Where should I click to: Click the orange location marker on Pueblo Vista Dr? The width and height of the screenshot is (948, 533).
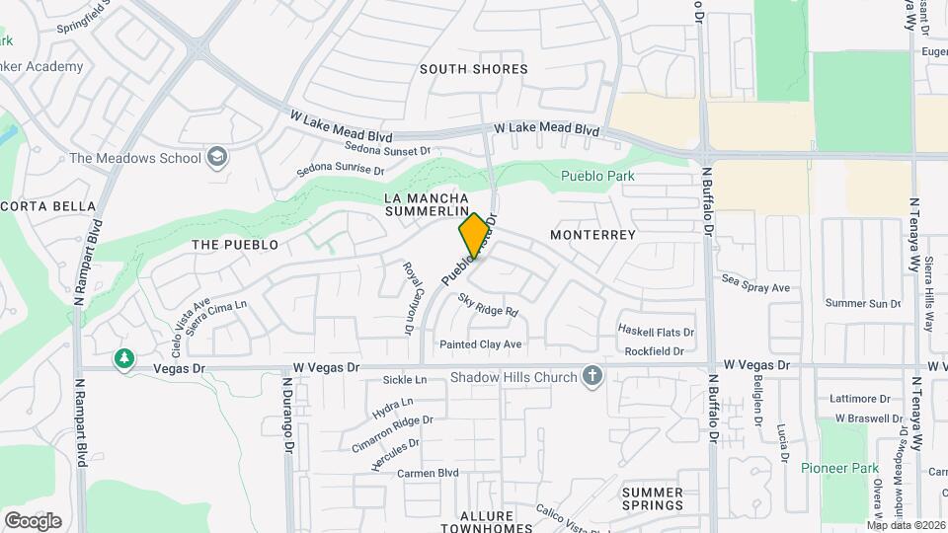click(474, 235)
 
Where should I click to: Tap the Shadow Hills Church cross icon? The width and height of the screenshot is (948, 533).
click(592, 376)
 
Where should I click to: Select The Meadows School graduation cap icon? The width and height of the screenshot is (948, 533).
click(217, 157)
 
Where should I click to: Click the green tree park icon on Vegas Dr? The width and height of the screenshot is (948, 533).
click(124, 359)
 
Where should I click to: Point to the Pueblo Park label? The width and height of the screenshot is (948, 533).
click(596, 177)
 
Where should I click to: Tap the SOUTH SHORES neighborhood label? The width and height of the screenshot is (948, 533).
click(473, 69)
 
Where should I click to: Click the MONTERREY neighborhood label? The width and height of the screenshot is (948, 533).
click(592, 235)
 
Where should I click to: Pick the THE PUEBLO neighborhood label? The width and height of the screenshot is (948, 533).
click(235, 244)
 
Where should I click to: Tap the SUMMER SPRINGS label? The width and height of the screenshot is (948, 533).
click(652, 498)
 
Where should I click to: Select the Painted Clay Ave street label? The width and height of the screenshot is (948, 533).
click(481, 344)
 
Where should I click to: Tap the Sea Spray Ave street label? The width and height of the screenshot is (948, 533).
click(756, 287)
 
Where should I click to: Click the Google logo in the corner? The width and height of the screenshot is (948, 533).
click(33, 520)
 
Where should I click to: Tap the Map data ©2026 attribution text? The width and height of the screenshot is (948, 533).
click(905, 525)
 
